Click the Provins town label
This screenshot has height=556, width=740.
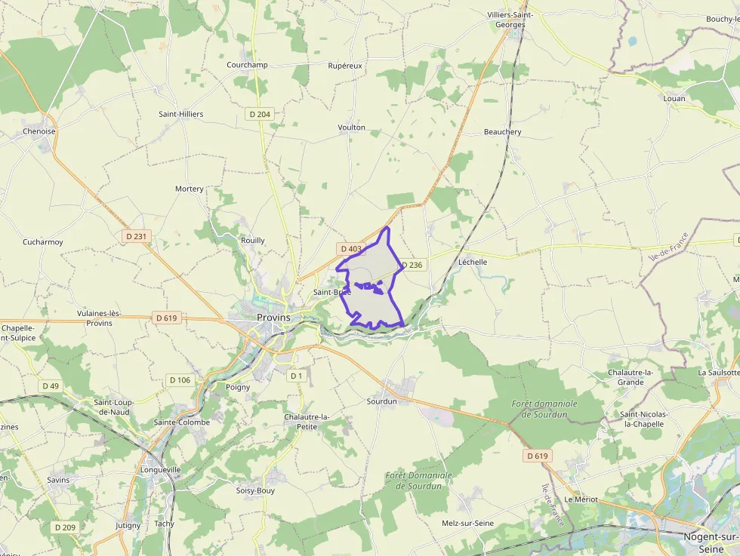[273, 318]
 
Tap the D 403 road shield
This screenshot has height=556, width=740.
[351, 248]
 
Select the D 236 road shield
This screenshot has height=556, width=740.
[412, 265]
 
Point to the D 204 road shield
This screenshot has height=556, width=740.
[258, 114]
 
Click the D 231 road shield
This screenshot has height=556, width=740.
[137, 236]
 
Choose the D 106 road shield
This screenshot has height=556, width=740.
[179, 379]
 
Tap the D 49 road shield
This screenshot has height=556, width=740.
[50, 386]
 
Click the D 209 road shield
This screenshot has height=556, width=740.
[65, 527]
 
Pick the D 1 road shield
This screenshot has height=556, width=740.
[297, 376]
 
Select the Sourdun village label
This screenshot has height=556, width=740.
[381, 401]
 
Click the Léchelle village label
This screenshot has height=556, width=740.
[473, 262]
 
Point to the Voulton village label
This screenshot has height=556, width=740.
[351, 127]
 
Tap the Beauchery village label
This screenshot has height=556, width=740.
[502, 132]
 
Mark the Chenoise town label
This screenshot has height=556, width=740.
[39, 131]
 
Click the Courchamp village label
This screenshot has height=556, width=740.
[247, 65]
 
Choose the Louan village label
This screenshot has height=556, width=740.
[674, 99]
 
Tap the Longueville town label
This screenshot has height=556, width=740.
[160, 469]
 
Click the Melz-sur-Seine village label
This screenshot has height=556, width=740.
[467, 523]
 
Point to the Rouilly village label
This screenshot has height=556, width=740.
[252, 241]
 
